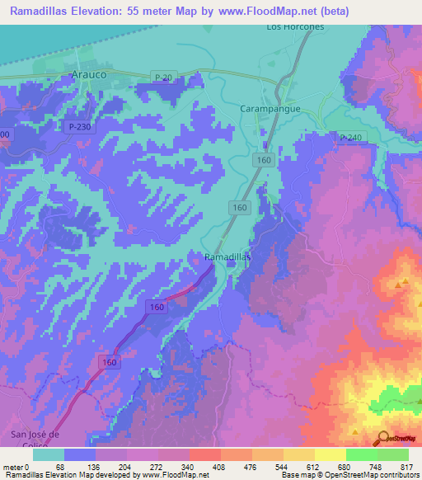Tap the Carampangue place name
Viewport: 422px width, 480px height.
click(x=269, y=108)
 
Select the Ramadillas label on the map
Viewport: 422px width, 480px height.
click(x=227, y=257)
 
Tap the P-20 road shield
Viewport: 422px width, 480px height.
click(x=162, y=77)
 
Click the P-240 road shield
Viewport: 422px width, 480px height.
click(x=350, y=137)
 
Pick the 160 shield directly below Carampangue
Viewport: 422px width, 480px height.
click(x=264, y=159)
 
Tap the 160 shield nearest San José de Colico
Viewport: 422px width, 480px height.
click(x=110, y=361)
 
